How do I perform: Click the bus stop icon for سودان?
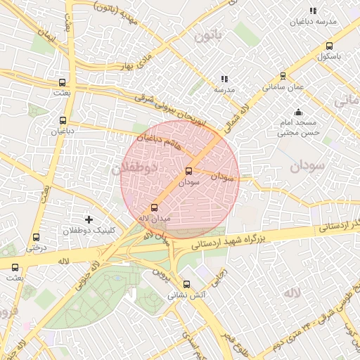pos(188,171)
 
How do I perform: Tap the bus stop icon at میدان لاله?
pos(155,207)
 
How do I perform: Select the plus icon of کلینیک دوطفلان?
pos(89,220)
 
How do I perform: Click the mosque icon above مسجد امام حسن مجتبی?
pos(299,112)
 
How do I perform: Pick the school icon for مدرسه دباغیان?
pos(313,11)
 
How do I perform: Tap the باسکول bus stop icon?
pos(329,46)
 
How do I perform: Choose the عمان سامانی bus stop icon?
pos(283,76)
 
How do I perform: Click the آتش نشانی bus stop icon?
pos(186,285)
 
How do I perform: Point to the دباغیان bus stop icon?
pos(63,120)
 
